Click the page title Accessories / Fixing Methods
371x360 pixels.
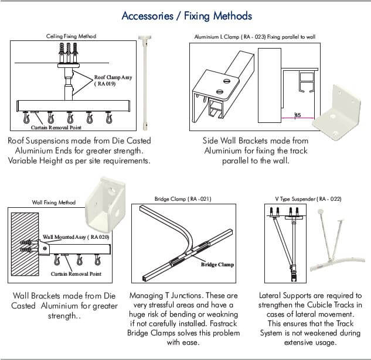pos(186,15)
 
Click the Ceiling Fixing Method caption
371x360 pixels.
pos(71,36)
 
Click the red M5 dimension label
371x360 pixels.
pos(298,115)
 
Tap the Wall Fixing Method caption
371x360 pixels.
pos(53,203)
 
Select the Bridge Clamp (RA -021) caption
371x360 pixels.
pos(183,199)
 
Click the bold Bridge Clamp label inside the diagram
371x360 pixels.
pos(217,265)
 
